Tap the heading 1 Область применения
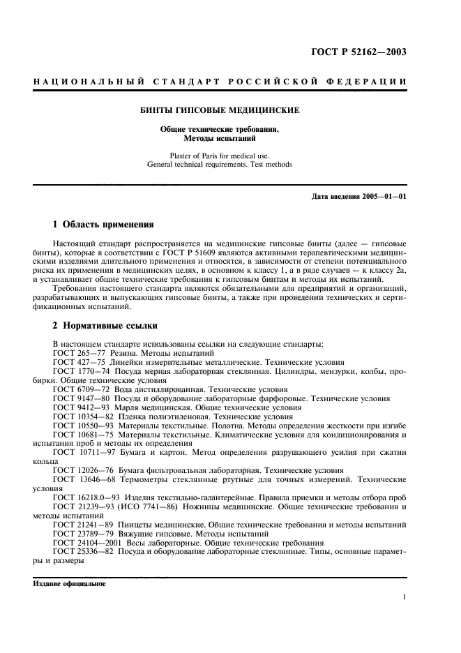pos(99,225)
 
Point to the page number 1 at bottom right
pos(405,597)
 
